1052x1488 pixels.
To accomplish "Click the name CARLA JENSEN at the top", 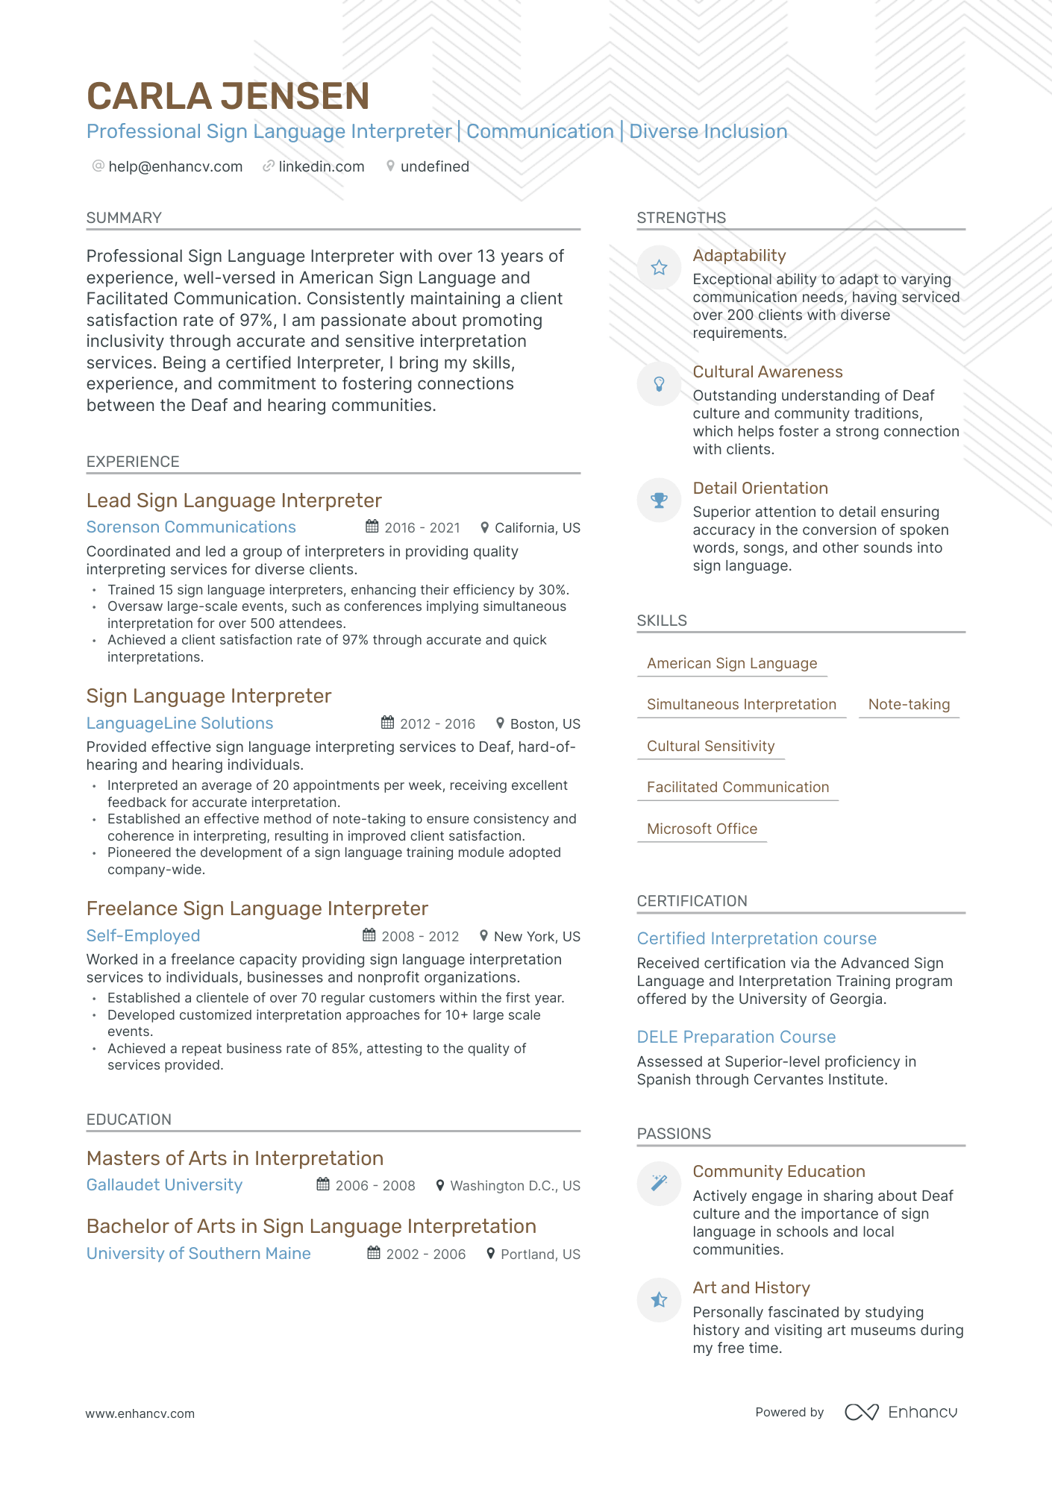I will (x=228, y=97).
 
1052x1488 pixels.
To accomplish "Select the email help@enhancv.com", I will (x=175, y=166).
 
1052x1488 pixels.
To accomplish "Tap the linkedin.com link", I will (x=321, y=166).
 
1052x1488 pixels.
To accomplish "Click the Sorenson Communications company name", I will (x=191, y=527).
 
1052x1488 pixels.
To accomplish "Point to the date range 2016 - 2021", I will (x=422, y=528).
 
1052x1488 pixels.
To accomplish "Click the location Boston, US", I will (x=545, y=724).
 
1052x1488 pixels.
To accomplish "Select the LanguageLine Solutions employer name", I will (x=180, y=723).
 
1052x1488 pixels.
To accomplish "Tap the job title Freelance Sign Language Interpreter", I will (x=257, y=908).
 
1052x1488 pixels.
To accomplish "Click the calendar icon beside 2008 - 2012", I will (x=369, y=935).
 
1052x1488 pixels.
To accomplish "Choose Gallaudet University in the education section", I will (x=164, y=1185).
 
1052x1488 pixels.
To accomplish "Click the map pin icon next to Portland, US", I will (x=490, y=1254).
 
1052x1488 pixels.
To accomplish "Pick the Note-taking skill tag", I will (x=909, y=705).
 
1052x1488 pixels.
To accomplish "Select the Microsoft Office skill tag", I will (x=701, y=829).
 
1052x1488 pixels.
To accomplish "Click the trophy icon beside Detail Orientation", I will (x=659, y=500).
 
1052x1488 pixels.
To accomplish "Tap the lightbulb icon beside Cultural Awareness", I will (x=659, y=383).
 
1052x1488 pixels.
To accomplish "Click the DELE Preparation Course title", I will (x=736, y=1037).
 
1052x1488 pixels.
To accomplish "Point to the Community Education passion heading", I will (x=779, y=1171).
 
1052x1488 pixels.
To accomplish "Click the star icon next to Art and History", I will (x=659, y=1300).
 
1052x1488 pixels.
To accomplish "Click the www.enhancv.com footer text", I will (x=140, y=1413).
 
